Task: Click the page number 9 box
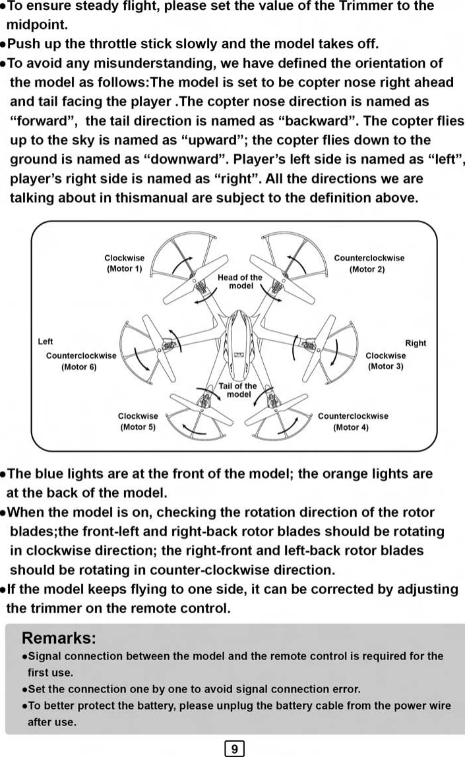[x=235, y=749]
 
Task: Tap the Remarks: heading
[x=59, y=638]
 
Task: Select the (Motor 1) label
[x=124, y=269]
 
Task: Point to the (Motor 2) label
[x=367, y=269]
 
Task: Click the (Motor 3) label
[x=385, y=366]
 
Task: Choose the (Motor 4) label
[x=352, y=427]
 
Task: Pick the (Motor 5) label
[x=138, y=427]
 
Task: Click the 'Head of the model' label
[x=241, y=282]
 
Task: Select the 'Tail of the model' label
[x=238, y=390]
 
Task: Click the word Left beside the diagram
[x=46, y=342]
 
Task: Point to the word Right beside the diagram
[x=416, y=343]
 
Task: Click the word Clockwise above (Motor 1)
[x=124, y=258]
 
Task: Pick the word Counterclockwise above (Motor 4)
[x=353, y=416]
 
